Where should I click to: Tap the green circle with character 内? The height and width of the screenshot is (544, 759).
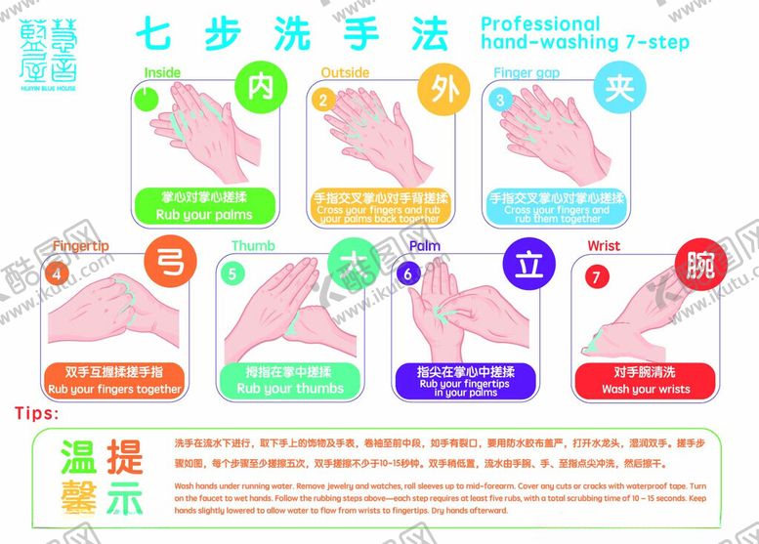pyautogui.click(x=260, y=88)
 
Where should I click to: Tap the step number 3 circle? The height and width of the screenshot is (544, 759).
pyautogui.click(x=501, y=99)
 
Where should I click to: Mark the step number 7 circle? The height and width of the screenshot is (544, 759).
pyautogui.click(x=593, y=274)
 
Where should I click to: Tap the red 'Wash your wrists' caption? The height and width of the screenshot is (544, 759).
pyautogui.click(x=646, y=380)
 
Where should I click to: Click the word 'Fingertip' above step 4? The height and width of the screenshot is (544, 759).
pyautogui.click(x=80, y=246)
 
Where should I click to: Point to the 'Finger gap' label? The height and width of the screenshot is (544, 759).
pyautogui.click(x=526, y=72)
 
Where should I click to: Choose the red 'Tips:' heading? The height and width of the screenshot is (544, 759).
pyautogui.click(x=38, y=413)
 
